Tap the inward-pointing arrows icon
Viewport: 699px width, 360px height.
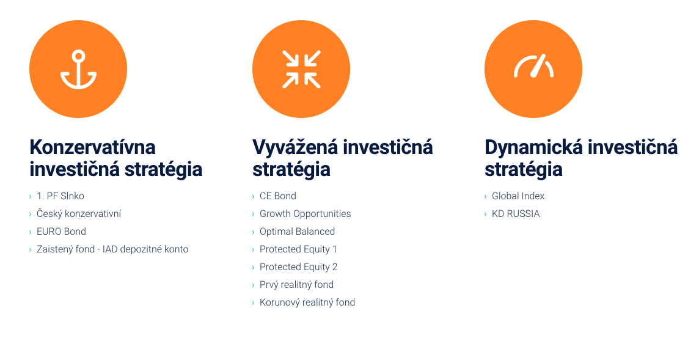click(301, 69)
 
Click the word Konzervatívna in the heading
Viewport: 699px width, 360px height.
click(93, 147)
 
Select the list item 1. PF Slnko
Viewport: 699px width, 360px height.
click(60, 196)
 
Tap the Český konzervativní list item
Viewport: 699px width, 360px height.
click(79, 214)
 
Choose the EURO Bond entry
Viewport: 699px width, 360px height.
click(61, 232)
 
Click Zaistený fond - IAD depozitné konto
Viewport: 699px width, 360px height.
click(112, 249)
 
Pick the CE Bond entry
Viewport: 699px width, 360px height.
click(278, 196)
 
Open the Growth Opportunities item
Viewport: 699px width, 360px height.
click(306, 214)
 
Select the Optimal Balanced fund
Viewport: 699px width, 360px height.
click(298, 232)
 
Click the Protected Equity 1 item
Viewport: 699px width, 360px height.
click(298, 249)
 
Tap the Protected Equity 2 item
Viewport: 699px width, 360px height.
click(299, 267)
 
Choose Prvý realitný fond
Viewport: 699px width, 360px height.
click(296, 285)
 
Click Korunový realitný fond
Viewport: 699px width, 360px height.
click(307, 303)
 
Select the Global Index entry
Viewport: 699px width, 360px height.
click(518, 196)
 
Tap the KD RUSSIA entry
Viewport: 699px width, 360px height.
click(516, 214)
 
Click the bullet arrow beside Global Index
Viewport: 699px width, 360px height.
click(486, 196)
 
